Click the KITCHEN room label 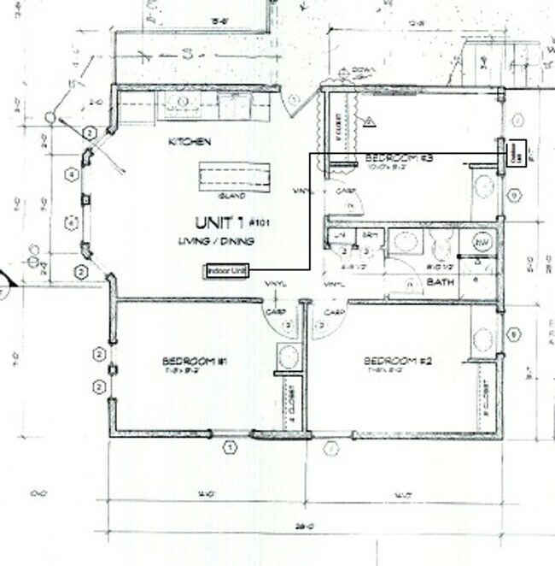(x=189, y=141)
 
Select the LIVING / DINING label (x=216, y=241)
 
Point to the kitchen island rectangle (x=237, y=176)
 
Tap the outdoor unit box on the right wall (x=516, y=155)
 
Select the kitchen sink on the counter (x=183, y=105)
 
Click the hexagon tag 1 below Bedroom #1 (x=229, y=446)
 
